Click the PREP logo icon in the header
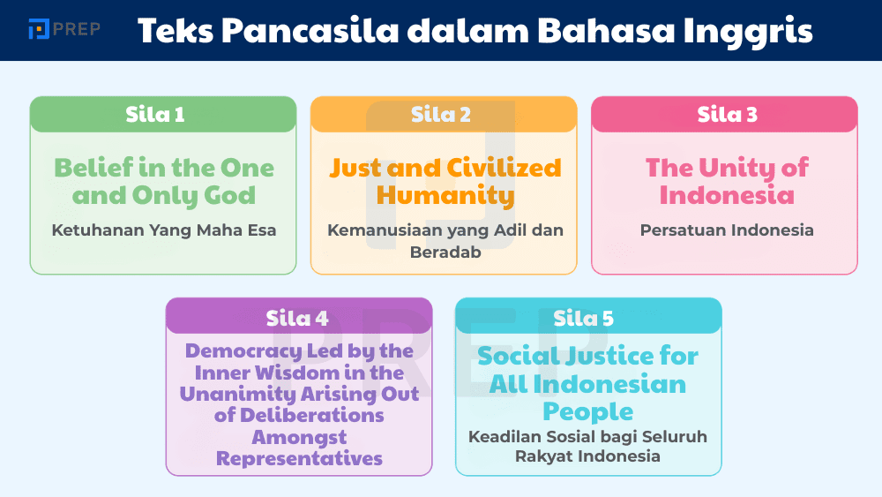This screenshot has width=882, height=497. click(39, 29)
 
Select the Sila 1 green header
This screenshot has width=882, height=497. click(163, 115)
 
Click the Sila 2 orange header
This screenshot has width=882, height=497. click(444, 115)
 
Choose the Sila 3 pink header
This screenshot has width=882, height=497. click(724, 115)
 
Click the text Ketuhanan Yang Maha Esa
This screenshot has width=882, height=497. click(163, 230)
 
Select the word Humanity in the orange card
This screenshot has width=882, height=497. click(445, 195)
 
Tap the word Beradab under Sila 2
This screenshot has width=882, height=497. click(445, 252)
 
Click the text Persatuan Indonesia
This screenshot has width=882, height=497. click(725, 230)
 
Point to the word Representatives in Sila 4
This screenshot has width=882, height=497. click(299, 459)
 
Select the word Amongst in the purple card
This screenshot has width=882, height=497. click(299, 437)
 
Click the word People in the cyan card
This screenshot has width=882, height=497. click(588, 411)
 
